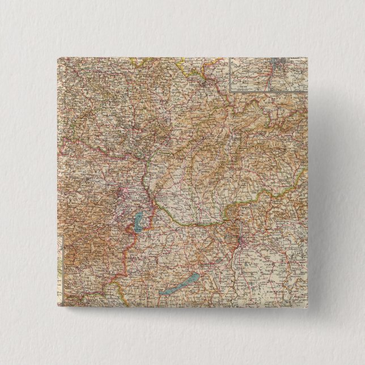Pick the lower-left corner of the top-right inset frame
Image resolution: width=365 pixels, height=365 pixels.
coord(229,92)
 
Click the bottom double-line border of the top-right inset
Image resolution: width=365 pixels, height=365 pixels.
coord(266,92)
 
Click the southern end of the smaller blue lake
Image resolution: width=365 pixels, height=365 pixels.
coord(136,229)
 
